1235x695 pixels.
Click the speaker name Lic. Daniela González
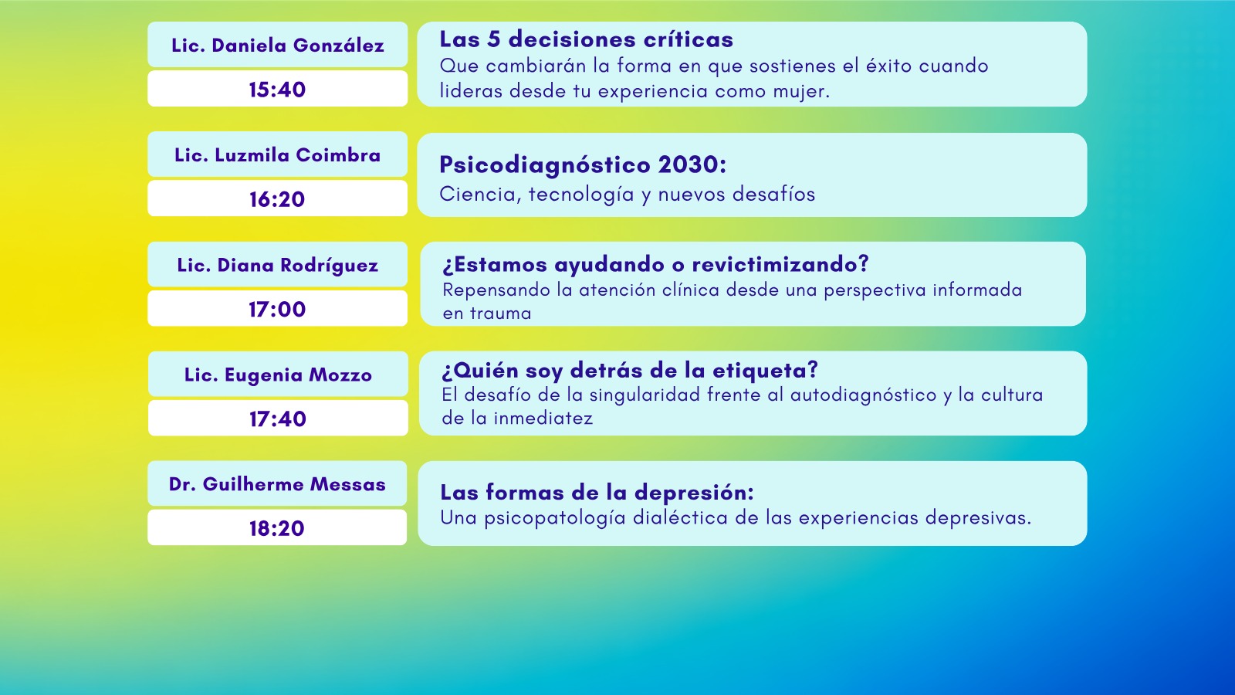point(277,46)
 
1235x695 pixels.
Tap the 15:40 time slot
point(277,90)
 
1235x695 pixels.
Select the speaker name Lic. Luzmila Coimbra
point(277,155)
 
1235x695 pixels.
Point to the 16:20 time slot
point(277,199)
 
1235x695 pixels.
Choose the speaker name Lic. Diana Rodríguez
point(277,266)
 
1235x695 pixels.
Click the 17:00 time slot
point(277,309)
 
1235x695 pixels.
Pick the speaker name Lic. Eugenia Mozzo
point(278,375)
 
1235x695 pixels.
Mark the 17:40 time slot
point(278,419)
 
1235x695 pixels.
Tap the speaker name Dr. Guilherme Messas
point(277,484)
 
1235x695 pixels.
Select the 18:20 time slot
point(277,528)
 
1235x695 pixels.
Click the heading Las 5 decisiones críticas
point(586,39)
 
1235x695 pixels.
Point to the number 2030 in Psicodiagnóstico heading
point(692,164)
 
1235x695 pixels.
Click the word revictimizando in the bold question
point(780,264)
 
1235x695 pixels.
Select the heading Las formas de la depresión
point(597,493)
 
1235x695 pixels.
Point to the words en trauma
point(487,314)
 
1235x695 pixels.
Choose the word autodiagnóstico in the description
point(864,395)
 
